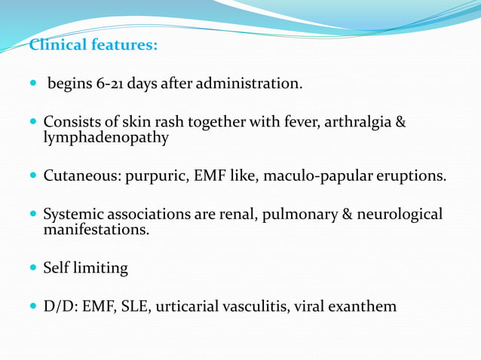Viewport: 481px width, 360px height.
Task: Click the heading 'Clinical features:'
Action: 93,45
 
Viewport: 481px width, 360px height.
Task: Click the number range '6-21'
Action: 111,84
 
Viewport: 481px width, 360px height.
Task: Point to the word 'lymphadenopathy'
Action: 106,138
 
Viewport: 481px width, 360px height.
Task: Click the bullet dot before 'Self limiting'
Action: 32,268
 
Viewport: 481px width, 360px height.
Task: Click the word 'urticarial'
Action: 189,307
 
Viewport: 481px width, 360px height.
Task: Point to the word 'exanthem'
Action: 363,307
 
